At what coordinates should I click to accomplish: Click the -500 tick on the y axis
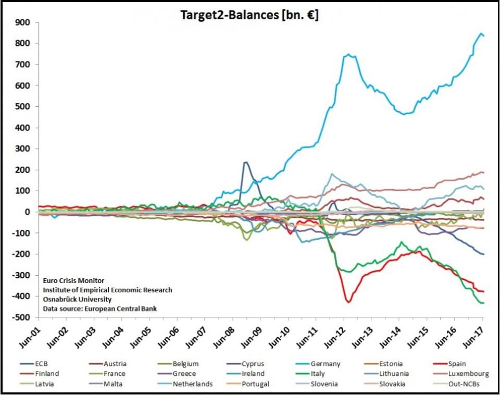pos(22,317)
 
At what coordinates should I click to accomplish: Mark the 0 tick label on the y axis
pos(28,212)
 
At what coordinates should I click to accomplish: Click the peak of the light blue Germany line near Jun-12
pos(348,54)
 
